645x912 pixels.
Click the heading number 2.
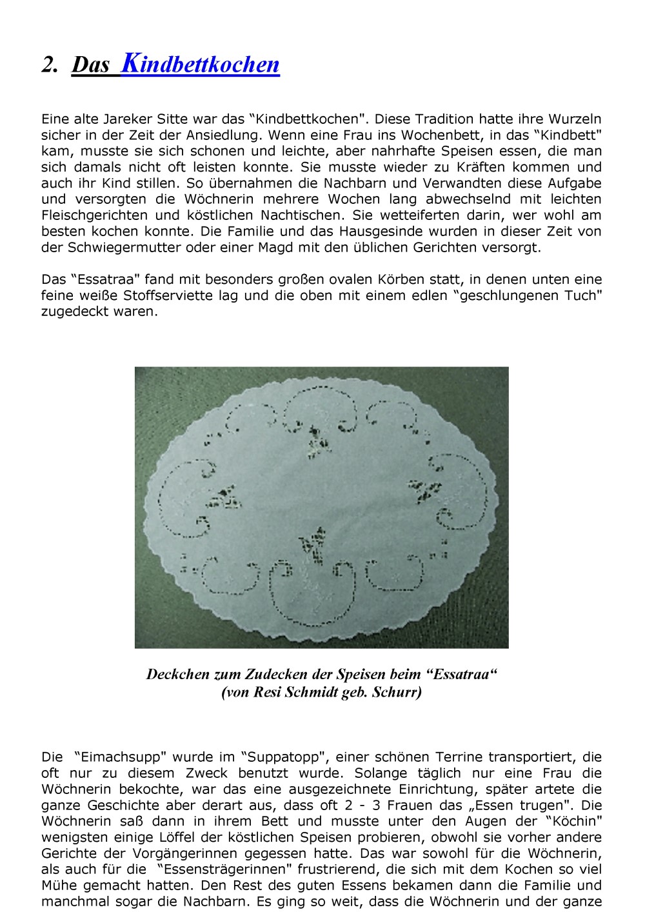click(x=50, y=65)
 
